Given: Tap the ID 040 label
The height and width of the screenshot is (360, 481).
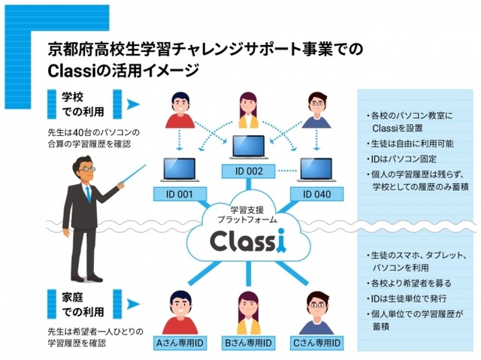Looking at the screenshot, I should (x=315, y=194).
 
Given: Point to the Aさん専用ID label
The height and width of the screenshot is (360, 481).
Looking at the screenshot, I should (x=180, y=343).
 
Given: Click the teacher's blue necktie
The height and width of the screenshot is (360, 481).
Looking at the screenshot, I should (x=88, y=195).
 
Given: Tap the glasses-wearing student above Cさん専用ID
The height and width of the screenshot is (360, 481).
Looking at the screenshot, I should (x=316, y=308).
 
